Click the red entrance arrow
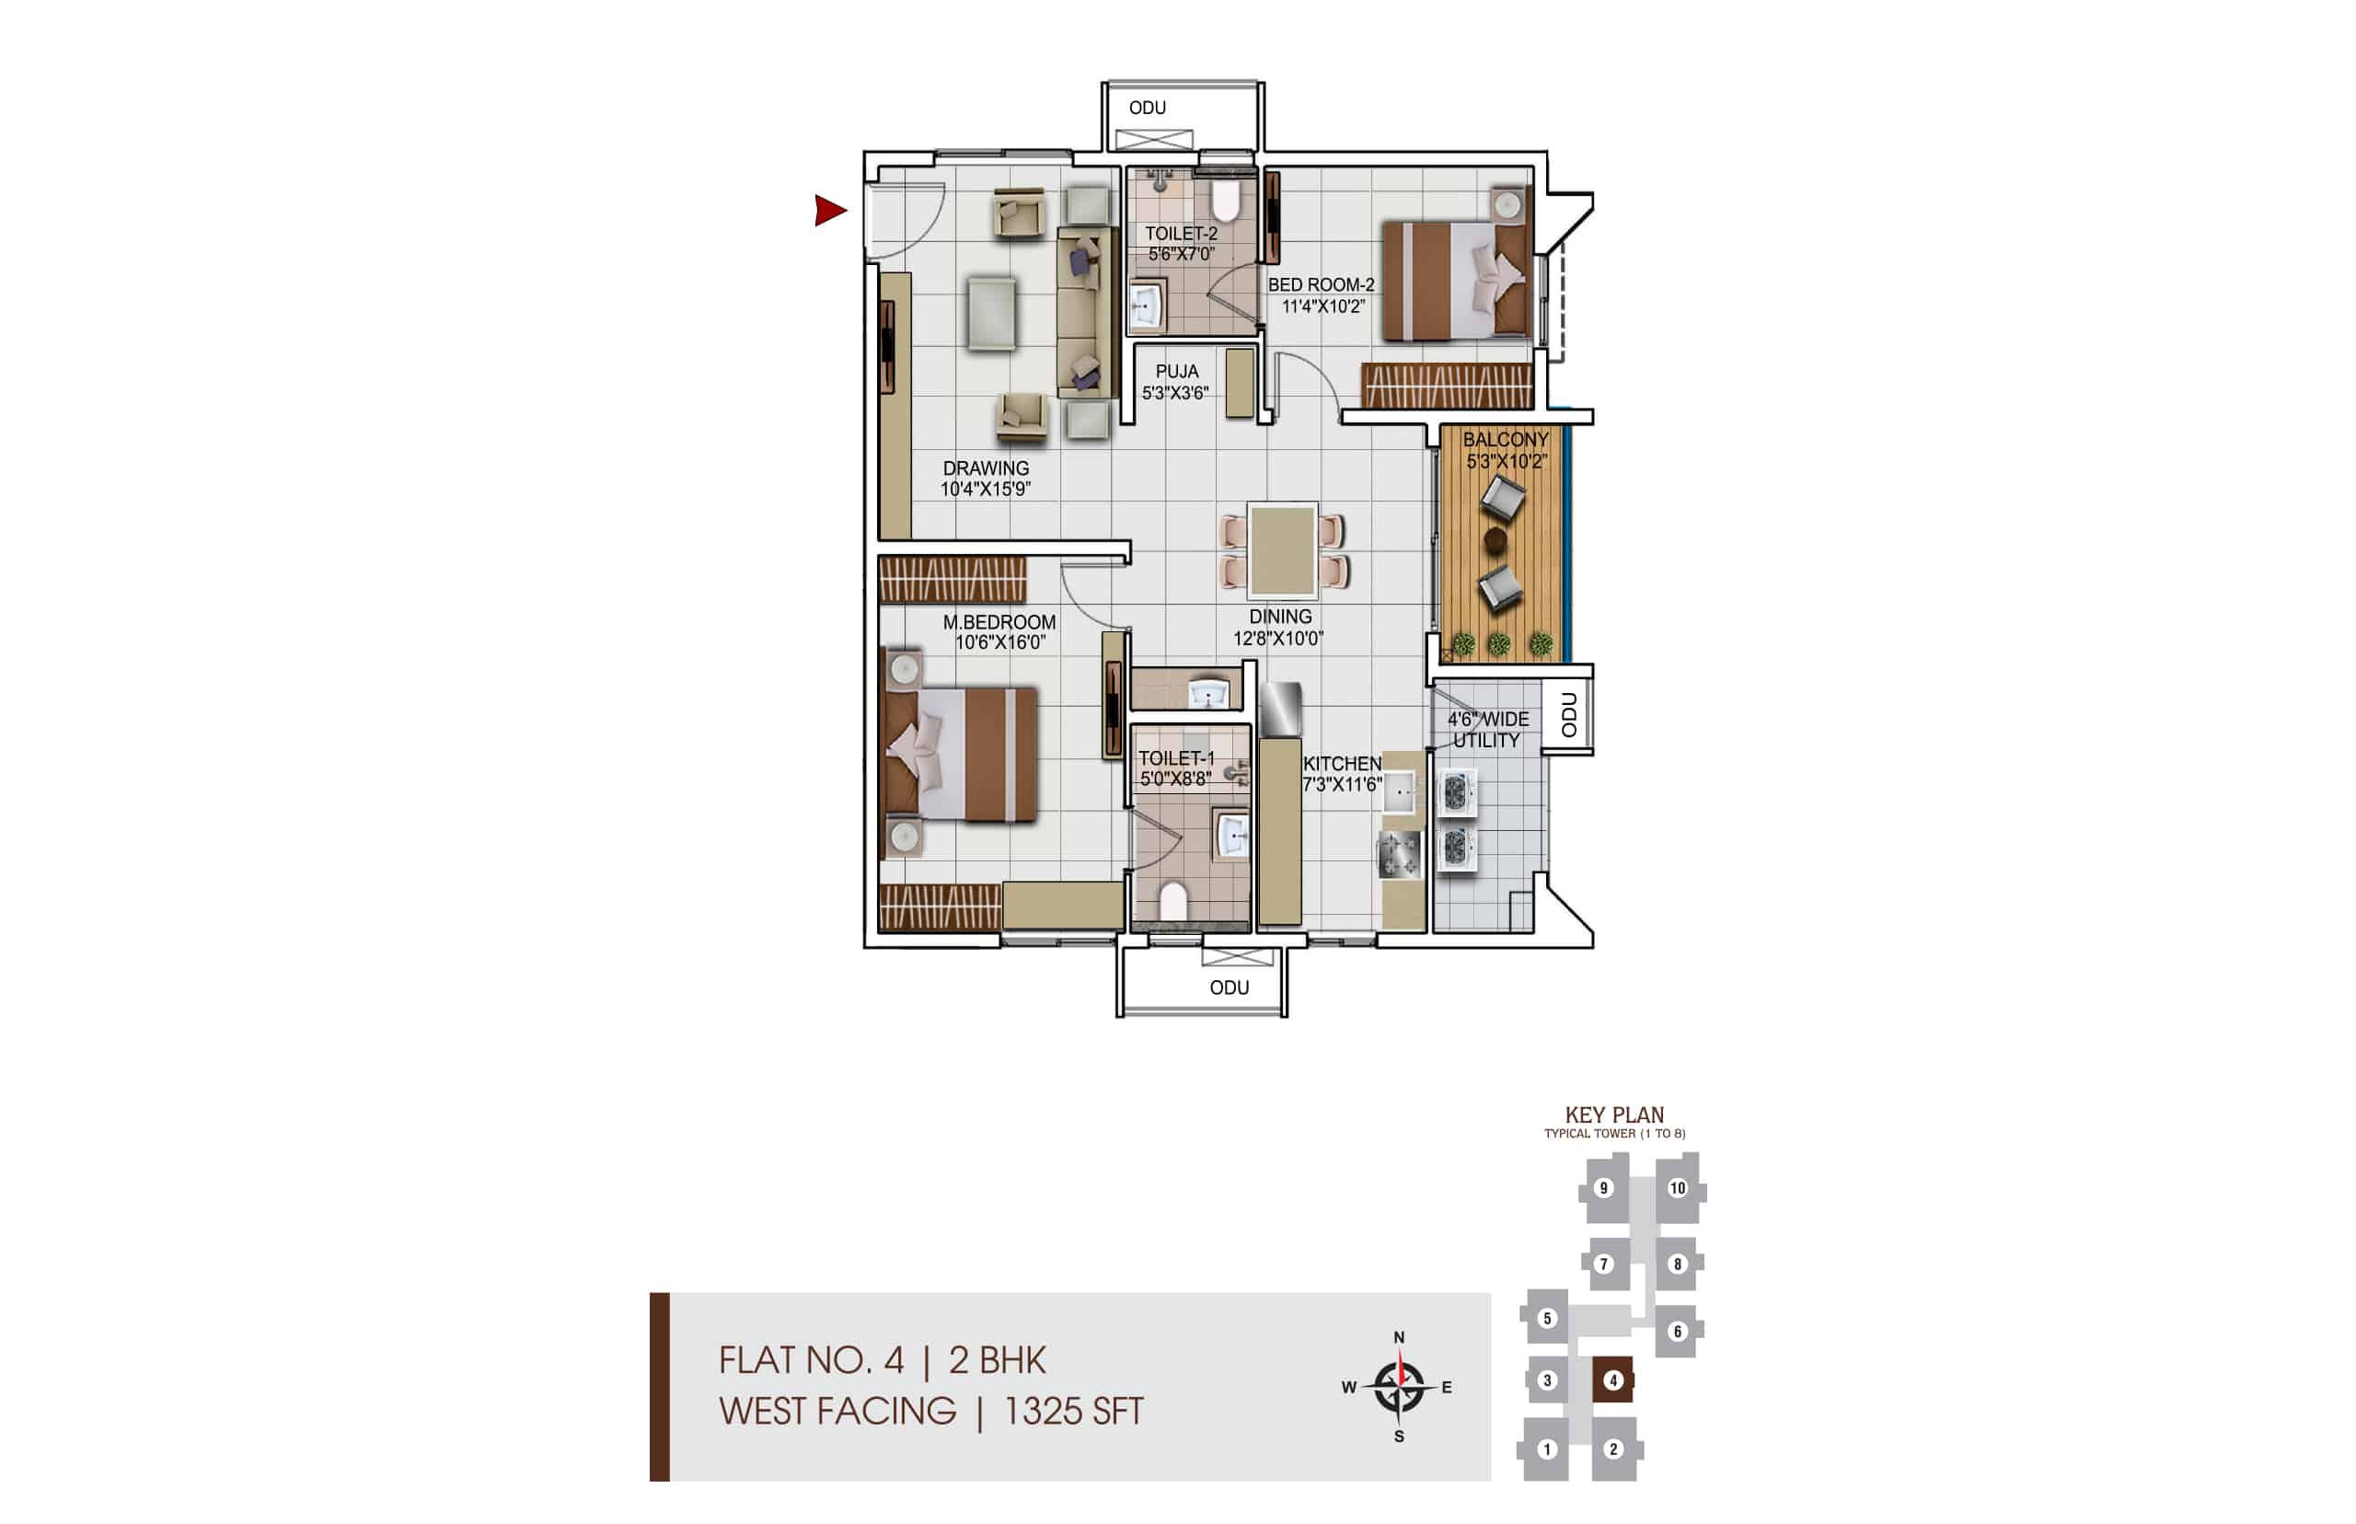[829, 210]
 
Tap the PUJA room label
[1176, 372]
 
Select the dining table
[1282, 550]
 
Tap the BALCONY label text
[1505, 439]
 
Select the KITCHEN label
[1342, 764]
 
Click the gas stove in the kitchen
[1399, 853]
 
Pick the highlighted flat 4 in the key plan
[1611, 1380]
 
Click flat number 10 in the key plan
[1677, 1188]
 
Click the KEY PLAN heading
[1615, 1115]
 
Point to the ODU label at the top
[1147, 108]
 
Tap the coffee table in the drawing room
[991, 313]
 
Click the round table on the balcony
[1496, 539]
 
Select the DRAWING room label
[986, 468]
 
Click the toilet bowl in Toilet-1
[1172, 902]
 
